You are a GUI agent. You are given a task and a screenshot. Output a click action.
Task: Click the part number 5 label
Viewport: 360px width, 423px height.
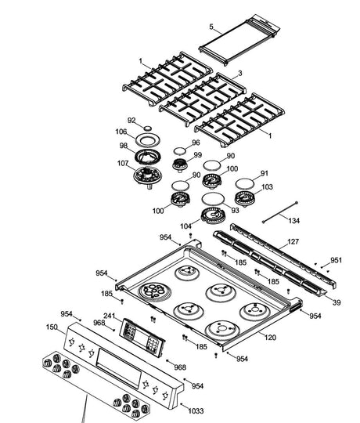(211, 27)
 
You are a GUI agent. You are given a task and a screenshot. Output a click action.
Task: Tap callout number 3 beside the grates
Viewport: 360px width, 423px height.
(239, 73)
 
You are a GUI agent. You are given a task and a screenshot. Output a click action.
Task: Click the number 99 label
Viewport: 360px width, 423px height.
(197, 156)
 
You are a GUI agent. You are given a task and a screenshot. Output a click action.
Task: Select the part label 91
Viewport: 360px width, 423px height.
(265, 173)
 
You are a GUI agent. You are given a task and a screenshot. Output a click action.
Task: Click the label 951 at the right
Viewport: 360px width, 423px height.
(336, 260)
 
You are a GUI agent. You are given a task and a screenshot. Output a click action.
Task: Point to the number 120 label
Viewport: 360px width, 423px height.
(271, 338)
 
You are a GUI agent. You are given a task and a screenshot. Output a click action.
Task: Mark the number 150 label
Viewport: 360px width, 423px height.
(52, 327)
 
